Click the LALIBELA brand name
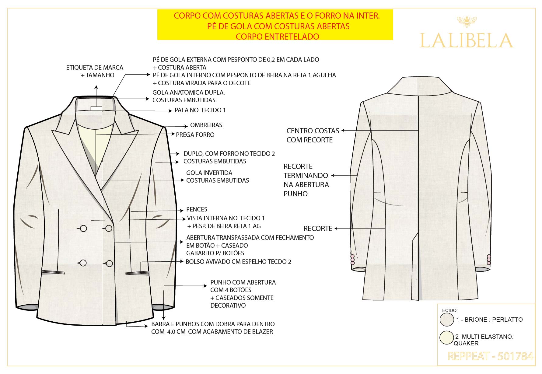click(467, 40)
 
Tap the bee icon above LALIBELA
click(467, 21)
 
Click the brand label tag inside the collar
click(96, 109)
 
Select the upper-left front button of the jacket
click(83, 229)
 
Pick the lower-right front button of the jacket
click(109, 263)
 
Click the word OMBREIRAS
click(206, 125)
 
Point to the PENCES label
click(197, 209)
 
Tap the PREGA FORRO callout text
click(195, 135)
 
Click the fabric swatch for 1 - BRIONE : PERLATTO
click(447, 320)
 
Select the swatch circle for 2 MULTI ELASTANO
click(447, 338)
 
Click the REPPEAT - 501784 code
click(490, 356)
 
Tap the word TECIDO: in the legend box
click(449, 310)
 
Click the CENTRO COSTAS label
click(313, 131)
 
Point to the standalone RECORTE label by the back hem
click(318, 229)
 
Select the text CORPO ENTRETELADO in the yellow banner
click(278, 37)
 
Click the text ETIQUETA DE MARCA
click(95, 68)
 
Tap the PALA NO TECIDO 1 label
click(200, 110)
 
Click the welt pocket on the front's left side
click(53, 272)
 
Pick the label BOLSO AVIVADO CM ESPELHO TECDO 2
click(238, 262)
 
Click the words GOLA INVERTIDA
click(209, 173)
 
